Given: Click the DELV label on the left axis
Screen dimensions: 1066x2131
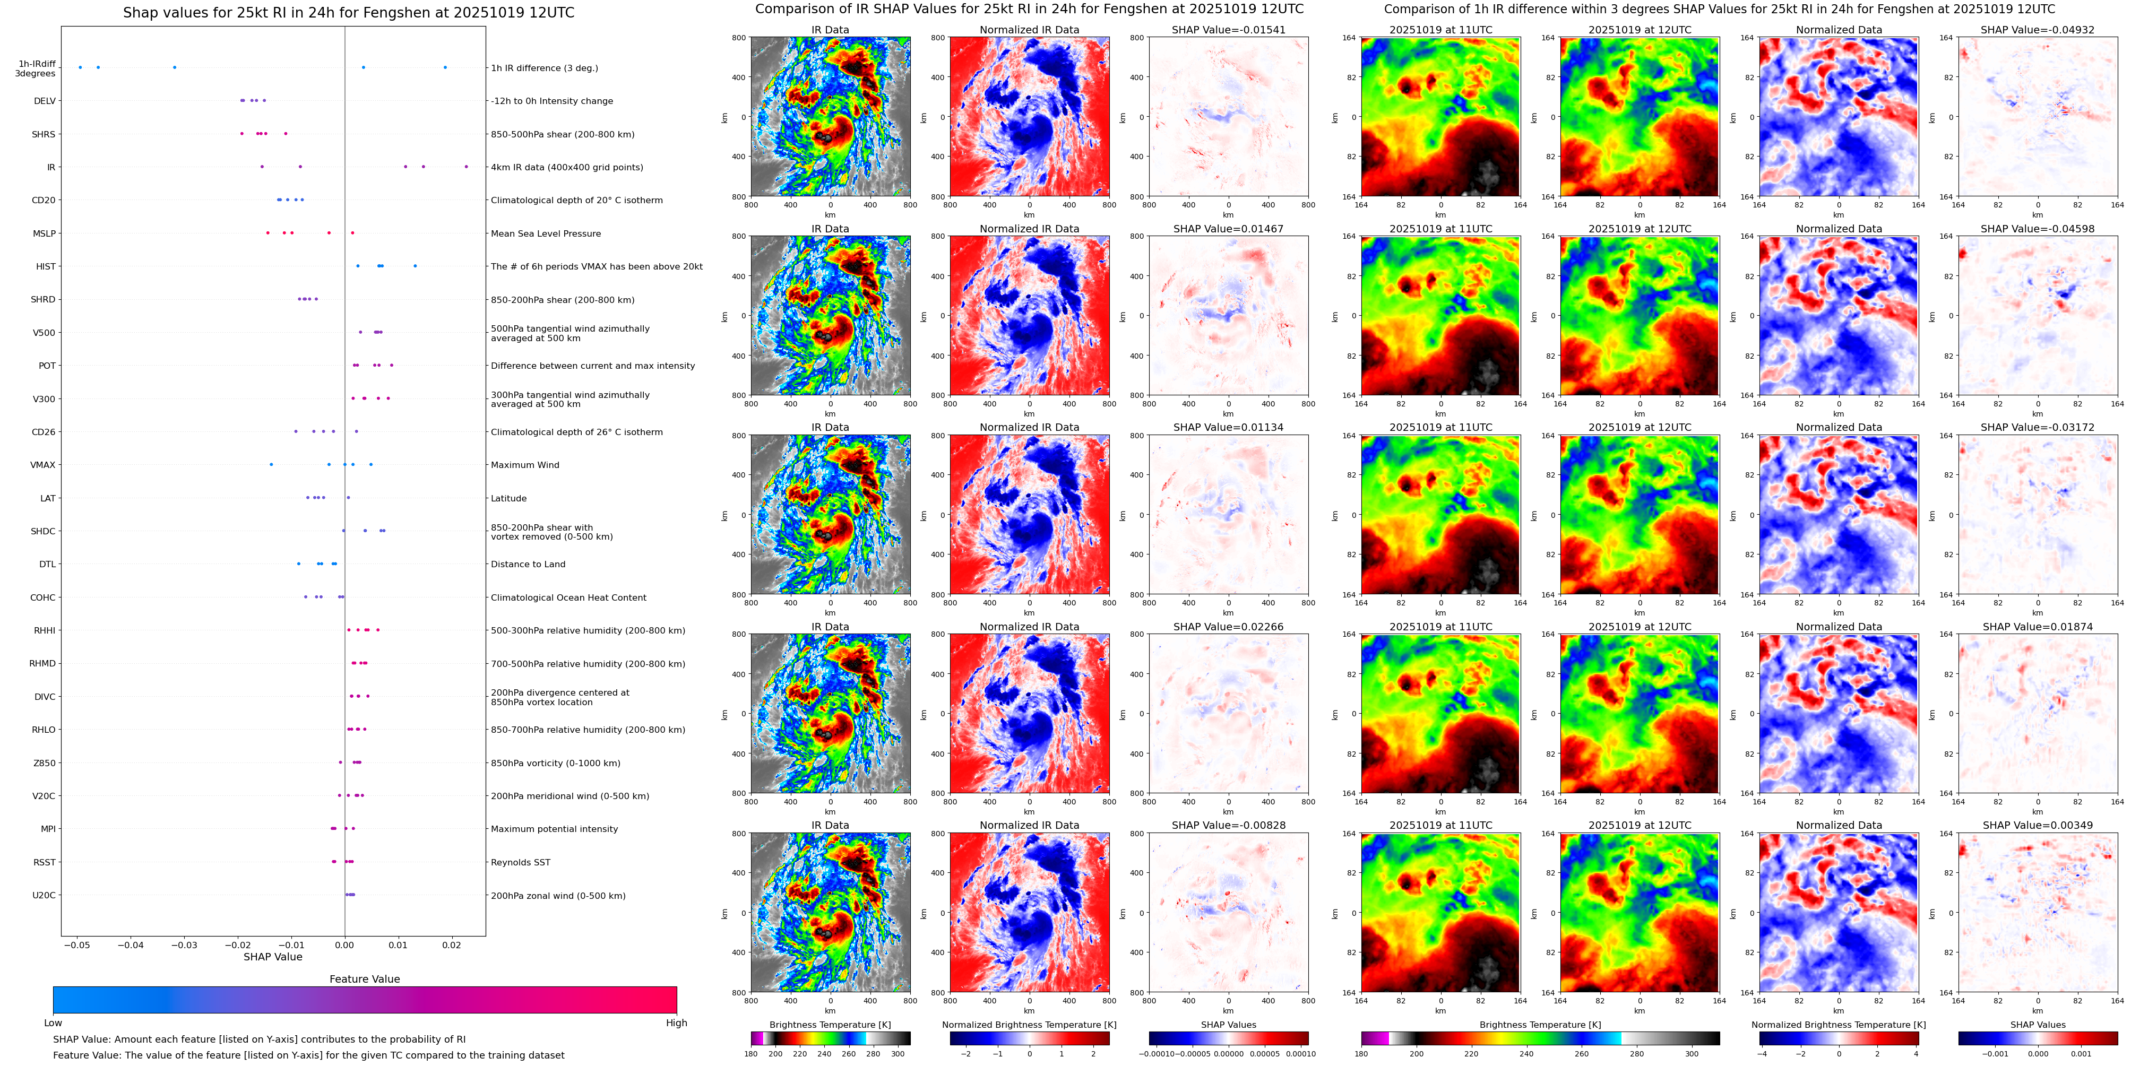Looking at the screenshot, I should click(x=45, y=101).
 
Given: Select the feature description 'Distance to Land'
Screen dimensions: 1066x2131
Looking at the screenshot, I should click(x=528, y=564).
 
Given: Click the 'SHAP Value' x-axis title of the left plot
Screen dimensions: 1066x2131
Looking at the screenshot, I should click(x=272, y=957).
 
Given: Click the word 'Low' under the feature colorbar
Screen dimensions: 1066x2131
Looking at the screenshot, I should click(x=53, y=1023).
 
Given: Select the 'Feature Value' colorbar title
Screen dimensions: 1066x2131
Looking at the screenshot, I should click(x=364, y=979).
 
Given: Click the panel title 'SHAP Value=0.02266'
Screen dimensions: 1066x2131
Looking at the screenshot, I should click(x=1228, y=627).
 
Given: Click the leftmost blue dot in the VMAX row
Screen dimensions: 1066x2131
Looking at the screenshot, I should click(x=271, y=465).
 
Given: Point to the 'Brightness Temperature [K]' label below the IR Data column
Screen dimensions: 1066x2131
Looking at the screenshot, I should click(x=830, y=1025).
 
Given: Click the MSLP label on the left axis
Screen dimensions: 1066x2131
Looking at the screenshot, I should click(x=44, y=233).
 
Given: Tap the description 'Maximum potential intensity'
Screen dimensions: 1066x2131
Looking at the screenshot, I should click(x=554, y=829).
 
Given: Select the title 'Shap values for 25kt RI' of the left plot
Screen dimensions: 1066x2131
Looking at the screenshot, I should click(x=348, y=12).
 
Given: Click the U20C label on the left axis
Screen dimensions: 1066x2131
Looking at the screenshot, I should click(x=44, y=895).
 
